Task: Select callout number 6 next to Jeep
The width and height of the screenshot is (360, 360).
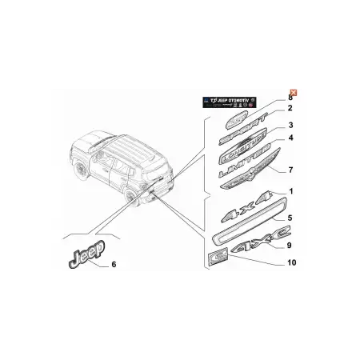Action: pyautogui.click(x=113, y=263)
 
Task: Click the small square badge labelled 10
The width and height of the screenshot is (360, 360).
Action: pyautogui.click(x=216, y=257)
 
